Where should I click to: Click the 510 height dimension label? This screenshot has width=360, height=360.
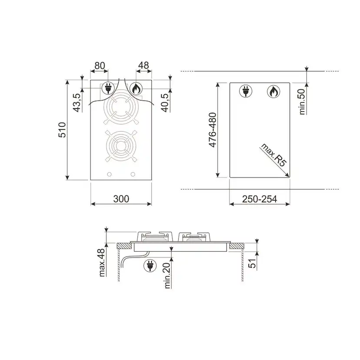(62, 130)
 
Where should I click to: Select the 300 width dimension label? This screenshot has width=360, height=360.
(121, 199)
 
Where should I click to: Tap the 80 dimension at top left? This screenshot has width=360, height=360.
(100, 66)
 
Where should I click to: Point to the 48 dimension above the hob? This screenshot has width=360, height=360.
(144, 65)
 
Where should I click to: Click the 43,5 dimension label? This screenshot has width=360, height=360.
(77, 103)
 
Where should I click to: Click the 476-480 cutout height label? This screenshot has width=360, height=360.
(213, 130)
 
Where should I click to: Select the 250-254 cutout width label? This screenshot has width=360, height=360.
(260, 199)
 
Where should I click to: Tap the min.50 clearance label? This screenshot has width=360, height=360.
(302, 101)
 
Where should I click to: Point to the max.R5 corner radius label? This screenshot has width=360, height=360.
(274, 155)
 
